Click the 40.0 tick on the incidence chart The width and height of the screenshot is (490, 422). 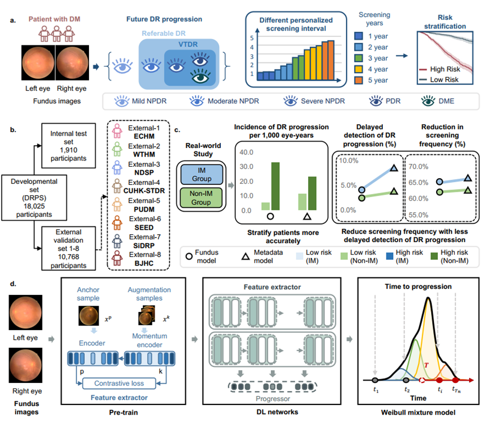point(245,153)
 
